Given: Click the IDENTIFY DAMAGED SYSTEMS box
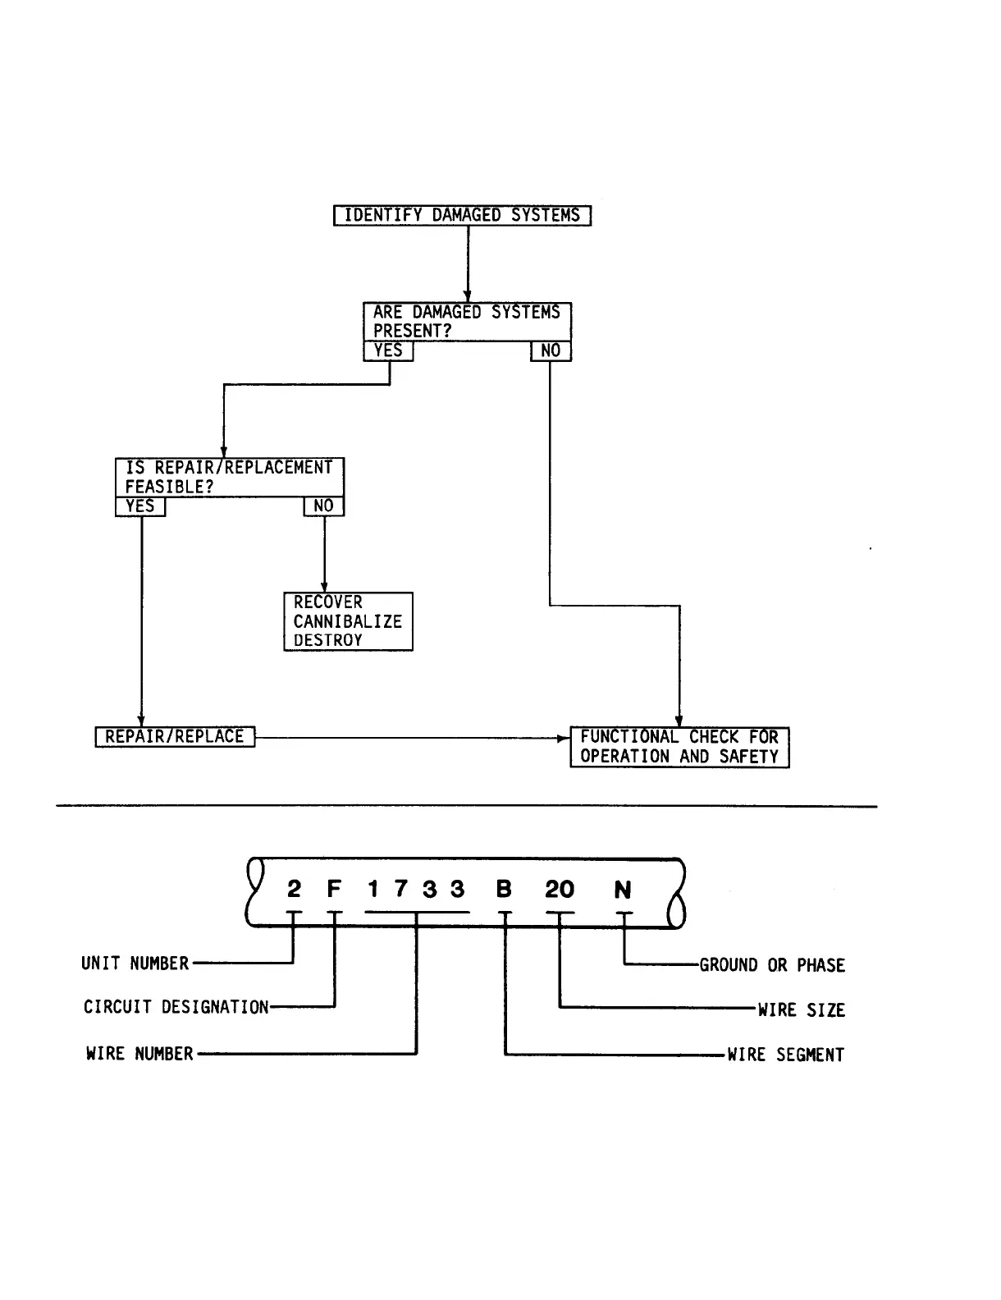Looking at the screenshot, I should coord(462,216).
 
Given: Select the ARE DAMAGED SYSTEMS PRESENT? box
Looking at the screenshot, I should coord(467,322).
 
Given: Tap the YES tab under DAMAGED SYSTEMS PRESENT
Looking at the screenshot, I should coord(388,351).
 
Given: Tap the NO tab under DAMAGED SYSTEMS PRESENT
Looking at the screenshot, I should coord(551,351).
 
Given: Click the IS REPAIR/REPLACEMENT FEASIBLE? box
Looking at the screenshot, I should coord(229,477).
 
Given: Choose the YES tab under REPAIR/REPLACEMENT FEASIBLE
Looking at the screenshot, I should coord(140,506).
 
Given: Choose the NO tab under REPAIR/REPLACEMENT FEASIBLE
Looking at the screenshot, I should coord(324,506).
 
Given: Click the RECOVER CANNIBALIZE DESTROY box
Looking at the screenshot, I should coord(348,621).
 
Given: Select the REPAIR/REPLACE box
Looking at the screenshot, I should coord(175,737).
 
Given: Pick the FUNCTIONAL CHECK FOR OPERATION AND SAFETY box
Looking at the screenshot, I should coord(679,747).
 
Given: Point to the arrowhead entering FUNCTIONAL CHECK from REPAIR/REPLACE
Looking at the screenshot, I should coord(564,738).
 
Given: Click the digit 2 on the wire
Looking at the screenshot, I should coord(295,890).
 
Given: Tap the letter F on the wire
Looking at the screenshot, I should coord(334,890).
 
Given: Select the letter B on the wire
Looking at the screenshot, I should coord(505,890).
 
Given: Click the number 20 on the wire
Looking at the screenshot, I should coord(560,890).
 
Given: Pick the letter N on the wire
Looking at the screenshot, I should coord(623,890).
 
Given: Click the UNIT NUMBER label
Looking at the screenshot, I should coord(135,964).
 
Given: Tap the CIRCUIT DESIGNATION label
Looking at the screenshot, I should coord(176,1007).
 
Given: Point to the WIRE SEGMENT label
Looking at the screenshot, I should coord(785,1055).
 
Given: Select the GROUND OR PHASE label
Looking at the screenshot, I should coord(772,965).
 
